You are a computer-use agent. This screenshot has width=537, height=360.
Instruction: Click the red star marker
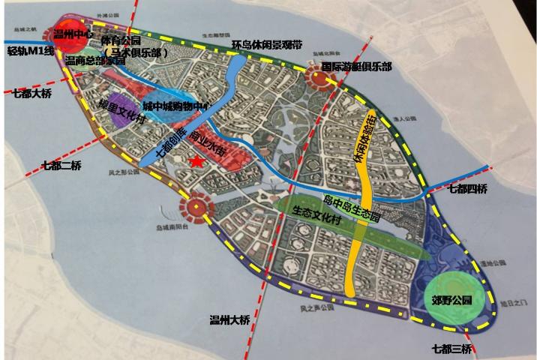click(x=196, y=161)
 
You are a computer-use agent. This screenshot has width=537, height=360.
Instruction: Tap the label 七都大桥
click(x=32, y=94)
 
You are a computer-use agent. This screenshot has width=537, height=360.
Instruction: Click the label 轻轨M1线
click(x=31, y=51)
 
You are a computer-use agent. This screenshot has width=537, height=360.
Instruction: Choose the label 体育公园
click(x=121, y=39)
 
